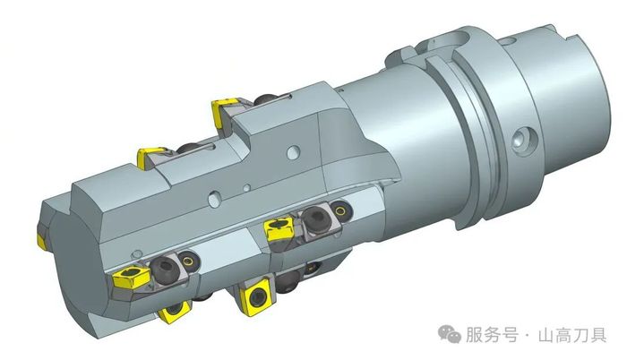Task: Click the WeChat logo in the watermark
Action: click(450, 334)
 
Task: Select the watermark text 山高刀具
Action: click(572, 335)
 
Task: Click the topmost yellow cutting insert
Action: click(223, 112)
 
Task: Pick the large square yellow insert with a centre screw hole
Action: click(256, 296)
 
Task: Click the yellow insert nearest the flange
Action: click(279, 228)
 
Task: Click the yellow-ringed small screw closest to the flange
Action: click(340, 210)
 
